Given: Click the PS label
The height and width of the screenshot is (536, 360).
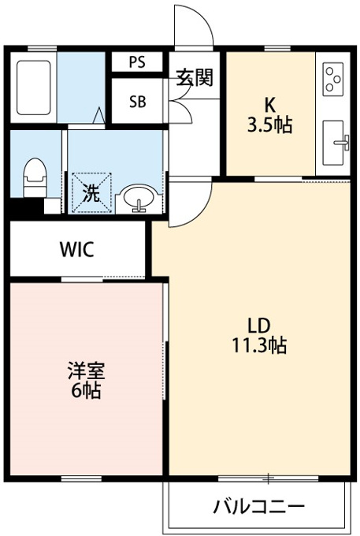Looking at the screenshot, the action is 137,61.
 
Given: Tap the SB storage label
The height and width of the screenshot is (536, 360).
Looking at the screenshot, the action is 138,102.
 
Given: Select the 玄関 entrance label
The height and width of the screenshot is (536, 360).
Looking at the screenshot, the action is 195,78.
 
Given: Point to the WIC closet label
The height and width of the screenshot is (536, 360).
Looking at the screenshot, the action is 77,249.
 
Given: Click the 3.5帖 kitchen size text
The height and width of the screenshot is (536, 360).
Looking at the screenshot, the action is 270,125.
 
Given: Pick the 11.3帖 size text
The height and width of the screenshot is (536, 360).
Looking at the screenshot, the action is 259,345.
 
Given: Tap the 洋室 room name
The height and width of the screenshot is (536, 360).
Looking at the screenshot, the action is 86,371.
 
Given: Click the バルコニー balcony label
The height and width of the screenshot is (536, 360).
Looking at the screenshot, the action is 258,506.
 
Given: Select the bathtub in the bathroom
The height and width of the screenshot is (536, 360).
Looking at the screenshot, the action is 33,87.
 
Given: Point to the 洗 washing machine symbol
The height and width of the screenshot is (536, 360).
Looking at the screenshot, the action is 92,193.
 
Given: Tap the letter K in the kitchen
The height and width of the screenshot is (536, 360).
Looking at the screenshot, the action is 270,106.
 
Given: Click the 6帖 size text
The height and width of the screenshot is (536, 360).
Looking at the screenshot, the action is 86,391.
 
